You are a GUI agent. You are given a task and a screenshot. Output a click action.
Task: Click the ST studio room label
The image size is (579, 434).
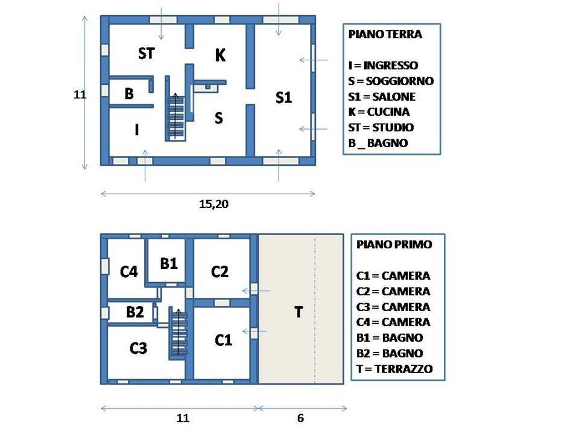146,54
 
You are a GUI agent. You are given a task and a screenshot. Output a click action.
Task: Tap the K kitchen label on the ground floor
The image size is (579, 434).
220,56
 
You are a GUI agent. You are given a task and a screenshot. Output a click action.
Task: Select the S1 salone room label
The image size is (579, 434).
283,98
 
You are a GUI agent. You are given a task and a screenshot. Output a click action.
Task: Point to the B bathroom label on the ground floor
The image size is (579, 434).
129,94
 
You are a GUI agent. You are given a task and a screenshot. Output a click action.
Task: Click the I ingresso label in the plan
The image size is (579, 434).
137,129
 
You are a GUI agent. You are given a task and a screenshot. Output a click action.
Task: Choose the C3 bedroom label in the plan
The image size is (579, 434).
139,348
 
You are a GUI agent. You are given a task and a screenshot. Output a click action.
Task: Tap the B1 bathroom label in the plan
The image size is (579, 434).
169,263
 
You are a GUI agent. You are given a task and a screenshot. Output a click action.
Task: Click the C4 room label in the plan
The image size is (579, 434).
129,272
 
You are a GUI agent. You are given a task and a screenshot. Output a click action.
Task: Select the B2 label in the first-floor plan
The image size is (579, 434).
134,312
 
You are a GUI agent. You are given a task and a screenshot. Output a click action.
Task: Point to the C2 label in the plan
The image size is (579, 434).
220,272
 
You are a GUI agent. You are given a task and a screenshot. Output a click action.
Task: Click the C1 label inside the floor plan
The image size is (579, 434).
223,341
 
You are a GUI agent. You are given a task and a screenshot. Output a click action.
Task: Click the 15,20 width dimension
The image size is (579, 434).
214,204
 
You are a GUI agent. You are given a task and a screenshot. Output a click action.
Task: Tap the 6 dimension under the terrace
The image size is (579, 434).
300,418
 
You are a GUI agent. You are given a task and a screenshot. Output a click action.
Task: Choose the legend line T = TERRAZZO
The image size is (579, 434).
394,369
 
